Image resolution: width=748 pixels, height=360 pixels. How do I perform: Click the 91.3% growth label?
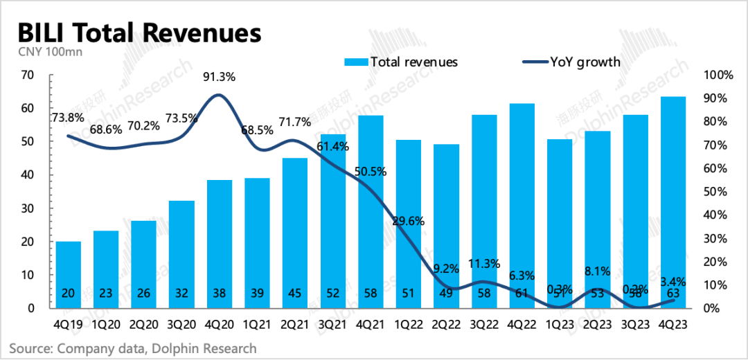[x=219, y=78]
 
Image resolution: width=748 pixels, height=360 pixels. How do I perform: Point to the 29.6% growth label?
[x=409, y=222]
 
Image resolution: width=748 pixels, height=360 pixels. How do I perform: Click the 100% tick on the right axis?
[x=720, y=75]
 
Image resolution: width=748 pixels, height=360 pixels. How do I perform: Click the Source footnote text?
[x=132, y=348]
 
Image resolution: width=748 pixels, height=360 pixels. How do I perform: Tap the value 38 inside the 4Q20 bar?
[x=219, y=292]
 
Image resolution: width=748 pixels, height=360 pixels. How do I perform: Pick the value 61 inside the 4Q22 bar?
[x=522, y=292]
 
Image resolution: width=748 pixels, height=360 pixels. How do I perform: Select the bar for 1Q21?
[x=257, y=243]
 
